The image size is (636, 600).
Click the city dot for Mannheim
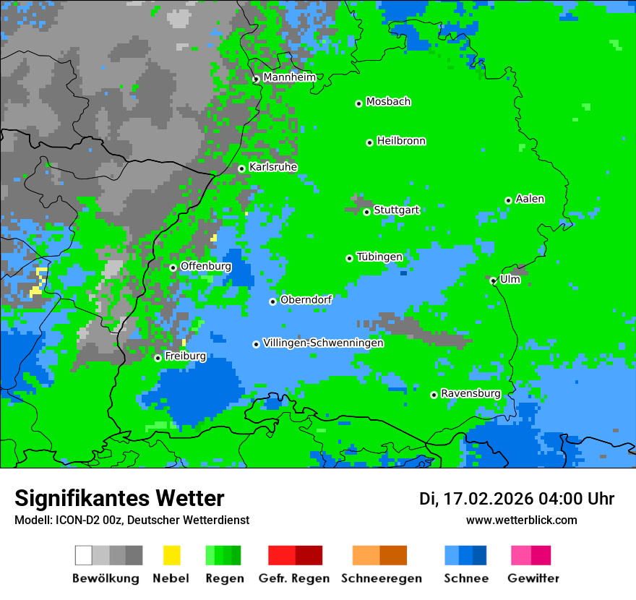tap(256, 80)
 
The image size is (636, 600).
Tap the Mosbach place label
tap(388, 102)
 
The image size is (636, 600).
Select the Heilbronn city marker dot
tap(369, 142)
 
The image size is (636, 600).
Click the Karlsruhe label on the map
tap(273, 167)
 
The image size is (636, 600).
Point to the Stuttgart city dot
tap(366, 212)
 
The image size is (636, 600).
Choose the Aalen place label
tap(530, 199)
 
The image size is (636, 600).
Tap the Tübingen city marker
tap(350, 258)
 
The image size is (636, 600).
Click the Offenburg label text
tap(206, 266)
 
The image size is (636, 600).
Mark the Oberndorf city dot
tap(273, 301)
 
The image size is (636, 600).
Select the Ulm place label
tap(510, 279)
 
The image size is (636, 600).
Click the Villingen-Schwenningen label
tap(323, 343)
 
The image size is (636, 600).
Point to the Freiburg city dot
tap(158, 358)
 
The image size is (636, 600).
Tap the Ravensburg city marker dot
tap(434, 395)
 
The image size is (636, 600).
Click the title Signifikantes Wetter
tap(119, 499)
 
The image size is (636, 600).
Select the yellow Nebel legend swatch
tap(171, 555)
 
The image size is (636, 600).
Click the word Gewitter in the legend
tap(533, 578)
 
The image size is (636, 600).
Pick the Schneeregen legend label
tap(381, 578)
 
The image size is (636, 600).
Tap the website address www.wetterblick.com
tap(521, 520)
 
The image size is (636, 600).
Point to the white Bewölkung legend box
tap(84, 555)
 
